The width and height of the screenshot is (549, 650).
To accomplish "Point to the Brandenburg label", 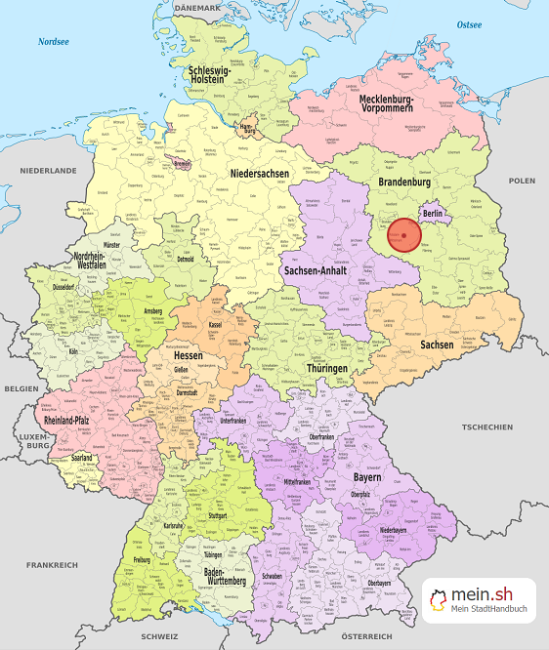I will tap(404, 183).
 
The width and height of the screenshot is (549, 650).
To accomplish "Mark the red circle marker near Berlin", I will tap(403, 236).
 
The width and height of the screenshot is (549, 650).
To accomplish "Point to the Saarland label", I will tap(82, 457).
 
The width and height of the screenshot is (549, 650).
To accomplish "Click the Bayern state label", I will tap(365, 480).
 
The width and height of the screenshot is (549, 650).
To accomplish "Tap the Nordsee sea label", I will tap(55, 42).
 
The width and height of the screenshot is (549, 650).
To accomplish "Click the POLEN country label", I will tap(522, 181).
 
